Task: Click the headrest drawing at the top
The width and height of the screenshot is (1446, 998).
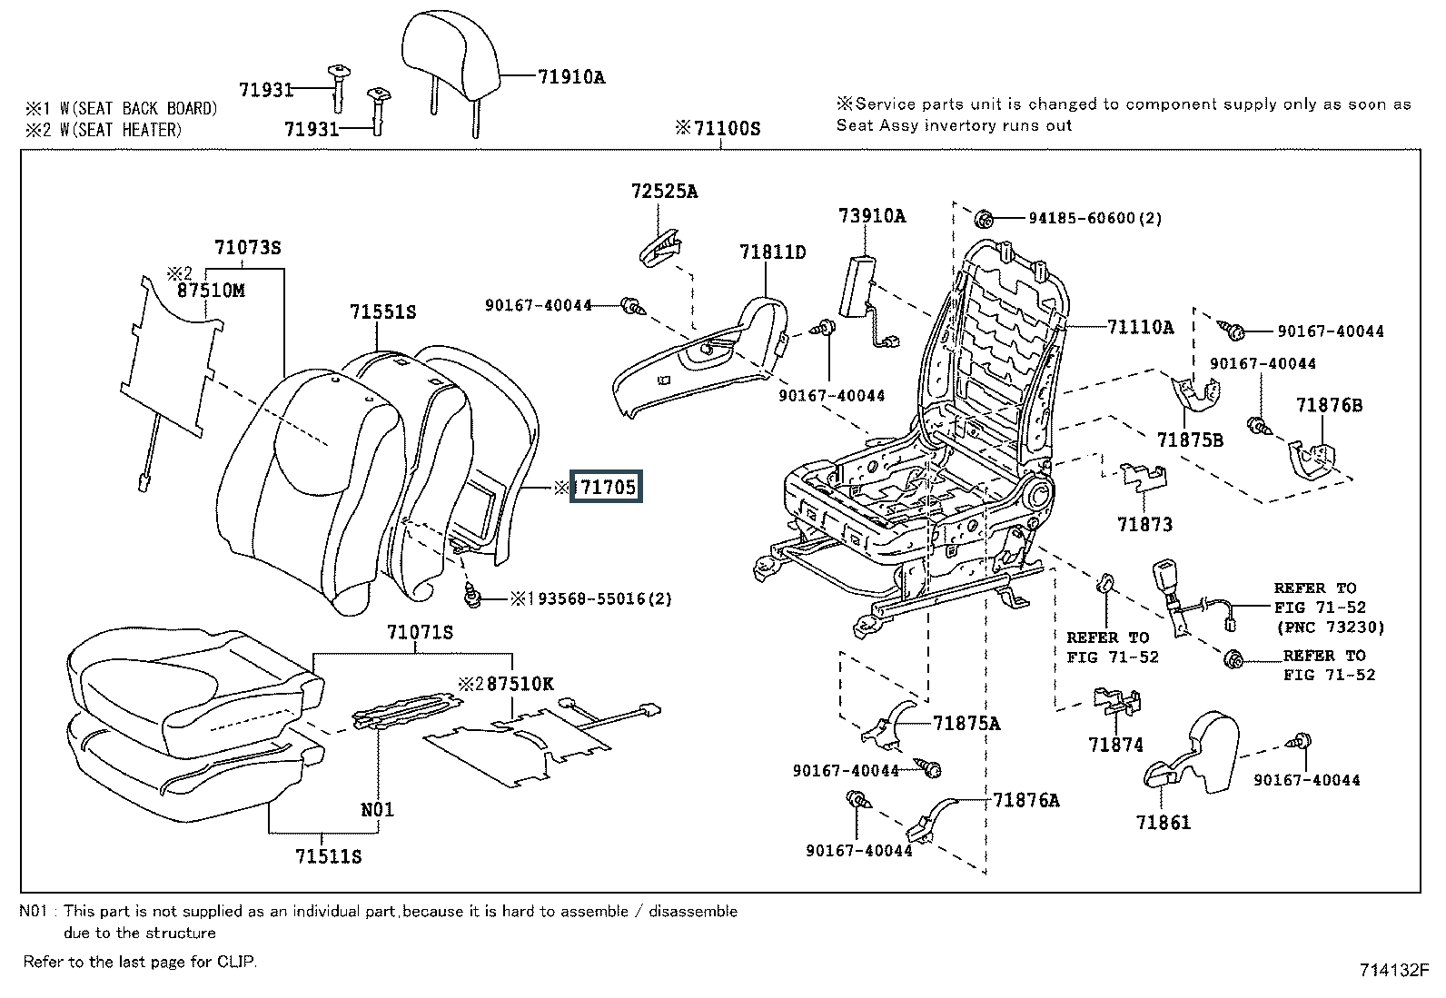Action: tap(451, 54)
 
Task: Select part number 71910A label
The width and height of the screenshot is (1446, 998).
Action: tap(570, 77)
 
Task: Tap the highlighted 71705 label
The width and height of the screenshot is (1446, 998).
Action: tap(608, 488)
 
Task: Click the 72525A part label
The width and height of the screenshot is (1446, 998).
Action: tap(665, 192)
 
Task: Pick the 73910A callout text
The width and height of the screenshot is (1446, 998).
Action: tap(872, 215)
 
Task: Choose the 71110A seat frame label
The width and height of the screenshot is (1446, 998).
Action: tap(1140, 327)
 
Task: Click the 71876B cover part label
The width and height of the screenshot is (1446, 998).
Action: tap(1330, 405)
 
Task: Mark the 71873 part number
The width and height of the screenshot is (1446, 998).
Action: tap(1144, 524)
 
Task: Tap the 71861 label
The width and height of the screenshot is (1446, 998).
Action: tap(1163, 823)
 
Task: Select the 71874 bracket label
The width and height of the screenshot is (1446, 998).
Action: tap(1115, 745)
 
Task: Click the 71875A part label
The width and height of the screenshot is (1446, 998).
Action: tap(966, 723)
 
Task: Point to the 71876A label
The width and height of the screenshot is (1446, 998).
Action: tap(1026, 800)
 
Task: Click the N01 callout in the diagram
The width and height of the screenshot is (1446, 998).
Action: tap(378, 808)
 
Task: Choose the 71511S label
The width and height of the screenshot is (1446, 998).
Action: tap(329, 856)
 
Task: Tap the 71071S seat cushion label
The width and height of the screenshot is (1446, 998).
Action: tap(420, 632)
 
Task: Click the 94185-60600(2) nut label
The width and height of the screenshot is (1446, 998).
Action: tap(1094, 218)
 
